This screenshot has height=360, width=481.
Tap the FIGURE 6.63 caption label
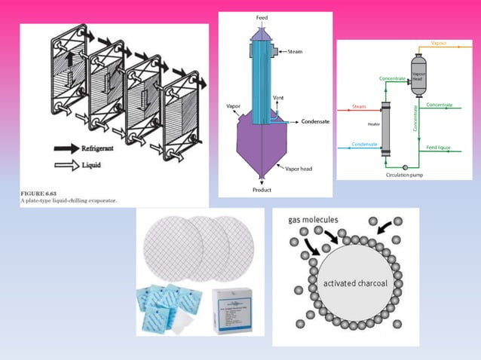pyautogui.click(x=38, y=194)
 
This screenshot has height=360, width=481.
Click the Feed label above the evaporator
pyautogui.click(x=262, y=17)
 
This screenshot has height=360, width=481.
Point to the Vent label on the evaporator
pyautogui.click(x=278, y=99)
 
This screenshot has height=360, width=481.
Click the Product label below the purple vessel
pyautogui.click(x=262, y=190)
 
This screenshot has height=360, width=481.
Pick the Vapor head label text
pyautogui.click(x=299, y=169)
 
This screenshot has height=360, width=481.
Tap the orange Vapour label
pyautogui.click(x=438, y=44)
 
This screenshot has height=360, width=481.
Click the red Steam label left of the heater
pyautogui.click(x=360, y=106)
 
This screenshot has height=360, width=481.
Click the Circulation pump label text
pyautogui.click(x=406, y=175)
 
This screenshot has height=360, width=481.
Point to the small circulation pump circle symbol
pyautogui.click(x=405, y=166)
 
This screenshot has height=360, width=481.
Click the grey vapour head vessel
pyautogui.click(x=418, y=75)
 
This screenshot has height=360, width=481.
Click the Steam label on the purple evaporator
pyautogui.click(x=295, y=52)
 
